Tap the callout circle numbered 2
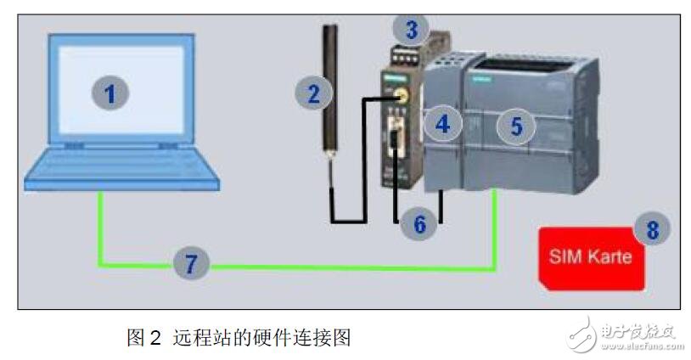(x=313, y=93)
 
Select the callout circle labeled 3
(x=412, y=32)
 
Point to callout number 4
(x=441, y=125)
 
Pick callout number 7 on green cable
(x=191, y=264)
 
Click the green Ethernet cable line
(x=340, y=269)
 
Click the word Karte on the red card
(x=610, y=256)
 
